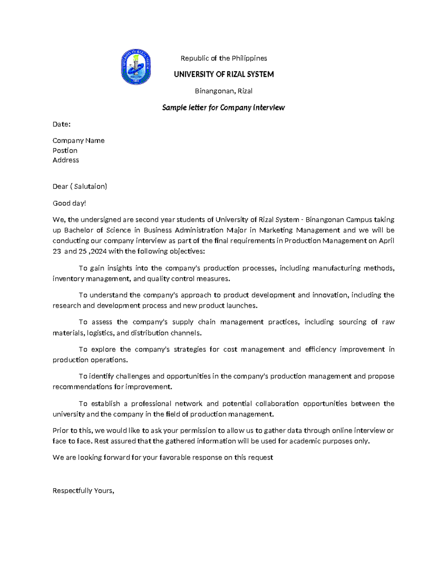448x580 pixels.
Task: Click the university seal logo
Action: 136,67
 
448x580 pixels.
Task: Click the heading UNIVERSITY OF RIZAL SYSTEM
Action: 224,74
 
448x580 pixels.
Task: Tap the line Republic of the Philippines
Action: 224,58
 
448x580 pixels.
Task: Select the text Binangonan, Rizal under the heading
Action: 224,91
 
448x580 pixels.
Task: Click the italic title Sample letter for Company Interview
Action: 223,108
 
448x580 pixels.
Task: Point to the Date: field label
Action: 62,124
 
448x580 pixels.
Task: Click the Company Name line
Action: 78,140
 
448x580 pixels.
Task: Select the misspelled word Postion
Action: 65,151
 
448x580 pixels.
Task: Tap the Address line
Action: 66,160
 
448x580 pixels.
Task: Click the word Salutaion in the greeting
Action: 90,186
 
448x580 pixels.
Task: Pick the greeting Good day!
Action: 69,203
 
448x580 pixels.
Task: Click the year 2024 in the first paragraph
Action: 98,251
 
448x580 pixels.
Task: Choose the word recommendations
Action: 82,387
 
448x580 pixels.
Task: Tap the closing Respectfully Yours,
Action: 83,491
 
